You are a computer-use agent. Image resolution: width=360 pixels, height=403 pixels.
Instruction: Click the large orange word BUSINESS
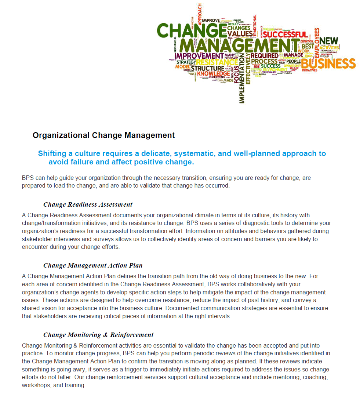(328, 63)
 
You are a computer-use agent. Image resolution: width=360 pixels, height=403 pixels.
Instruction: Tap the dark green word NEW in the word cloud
(329, 41)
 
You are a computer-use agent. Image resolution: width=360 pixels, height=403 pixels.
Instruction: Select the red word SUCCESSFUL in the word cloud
(284, 35)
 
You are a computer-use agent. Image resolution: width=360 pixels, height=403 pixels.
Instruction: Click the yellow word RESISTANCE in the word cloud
(217, 62)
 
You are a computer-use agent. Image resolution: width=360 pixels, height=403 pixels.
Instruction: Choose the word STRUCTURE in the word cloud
(207, 68)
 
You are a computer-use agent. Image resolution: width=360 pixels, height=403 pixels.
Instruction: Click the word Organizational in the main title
(61, 135)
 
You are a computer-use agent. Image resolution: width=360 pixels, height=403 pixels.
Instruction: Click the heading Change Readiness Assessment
(88, 204)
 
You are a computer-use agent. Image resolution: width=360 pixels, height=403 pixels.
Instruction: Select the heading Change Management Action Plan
(93, 265)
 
